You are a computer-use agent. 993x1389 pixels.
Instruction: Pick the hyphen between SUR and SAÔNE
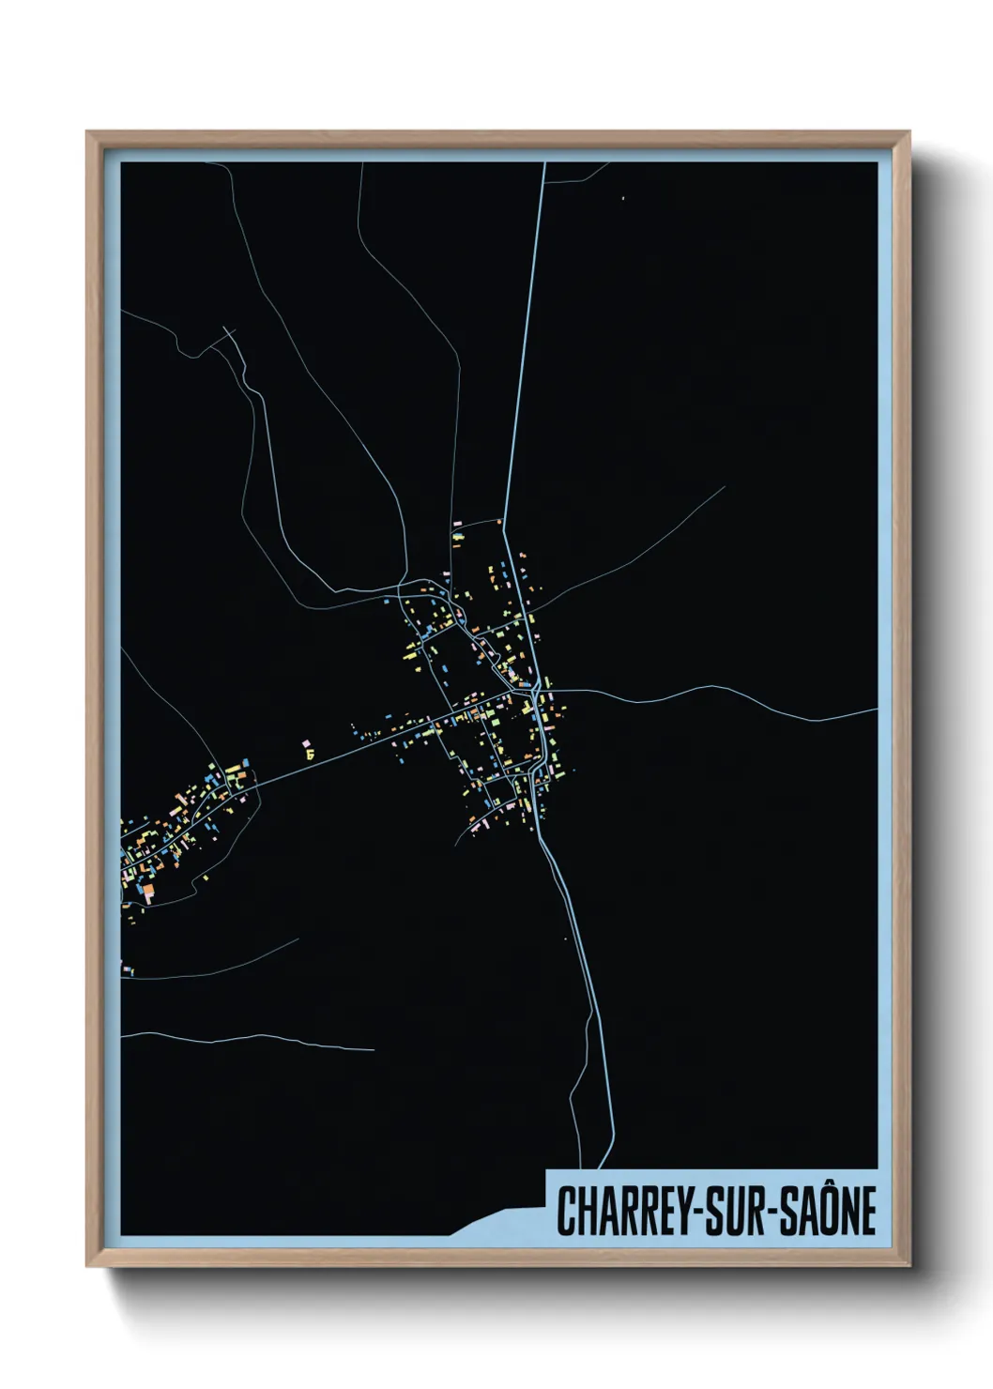[777, 1213]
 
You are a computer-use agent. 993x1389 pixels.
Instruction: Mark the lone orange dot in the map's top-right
[622, 198]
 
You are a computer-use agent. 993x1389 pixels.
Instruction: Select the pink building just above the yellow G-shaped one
[305, 743]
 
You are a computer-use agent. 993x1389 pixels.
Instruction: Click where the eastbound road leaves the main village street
[549, 692]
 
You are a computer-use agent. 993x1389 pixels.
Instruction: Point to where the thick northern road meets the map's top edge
[543, 164]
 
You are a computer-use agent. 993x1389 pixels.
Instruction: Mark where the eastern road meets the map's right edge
[876, 710]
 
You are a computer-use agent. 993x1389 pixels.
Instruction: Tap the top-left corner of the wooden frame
[87, 132]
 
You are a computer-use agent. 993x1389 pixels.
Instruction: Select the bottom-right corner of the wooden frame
[909, 1265]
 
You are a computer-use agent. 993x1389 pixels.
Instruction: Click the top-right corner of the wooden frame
[909, 132]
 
